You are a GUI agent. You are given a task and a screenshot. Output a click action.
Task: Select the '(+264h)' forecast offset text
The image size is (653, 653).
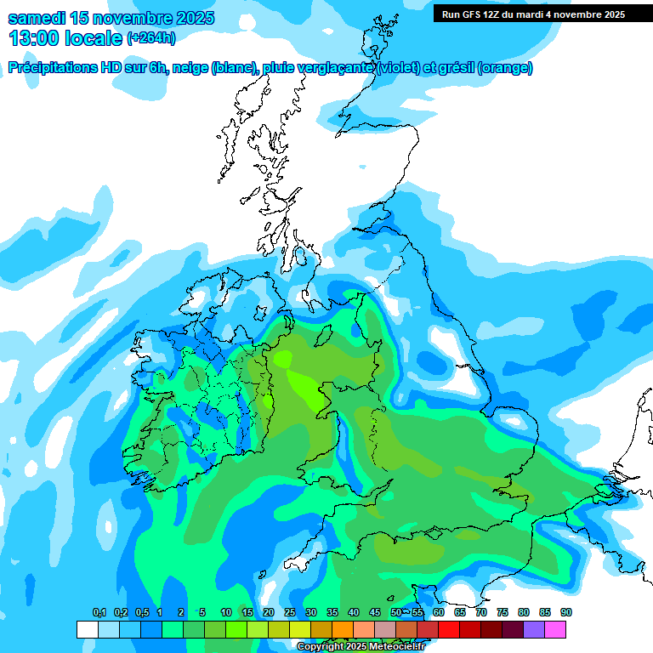pyautogui.click(x=151, y=38)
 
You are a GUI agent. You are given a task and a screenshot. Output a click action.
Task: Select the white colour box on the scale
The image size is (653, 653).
pyautogui.click(x=87, y=629)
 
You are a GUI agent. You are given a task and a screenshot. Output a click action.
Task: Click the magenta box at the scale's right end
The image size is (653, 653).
pyautogui.click(x=555, y=629)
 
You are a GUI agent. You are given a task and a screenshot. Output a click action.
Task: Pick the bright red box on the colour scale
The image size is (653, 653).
pyautogui.click(x=449, y=629)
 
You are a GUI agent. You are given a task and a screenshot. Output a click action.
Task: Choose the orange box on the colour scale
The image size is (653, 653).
pyautogui.click(x=343, y=629)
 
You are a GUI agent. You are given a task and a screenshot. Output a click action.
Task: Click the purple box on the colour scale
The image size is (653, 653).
pyautogui.click(x=534, y=629)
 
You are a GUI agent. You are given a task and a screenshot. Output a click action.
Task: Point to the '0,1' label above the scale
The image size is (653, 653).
pyautogui.click(x=99, y=613)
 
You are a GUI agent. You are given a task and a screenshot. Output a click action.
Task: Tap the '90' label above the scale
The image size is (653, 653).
pyautogui.click(x=566, y=613)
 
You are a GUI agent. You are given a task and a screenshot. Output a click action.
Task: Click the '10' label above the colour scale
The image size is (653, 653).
pyautogui.click(x=226, y=613)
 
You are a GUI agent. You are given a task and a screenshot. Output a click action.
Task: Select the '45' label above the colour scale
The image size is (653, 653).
pyautogui.click(x=375, y=613)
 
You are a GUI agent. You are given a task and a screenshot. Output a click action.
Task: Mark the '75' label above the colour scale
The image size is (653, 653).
pyautogui.click(x=503, y=613)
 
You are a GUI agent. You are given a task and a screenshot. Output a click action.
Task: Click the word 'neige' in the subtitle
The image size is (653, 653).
pyautogui.click(x=190, y=68)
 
